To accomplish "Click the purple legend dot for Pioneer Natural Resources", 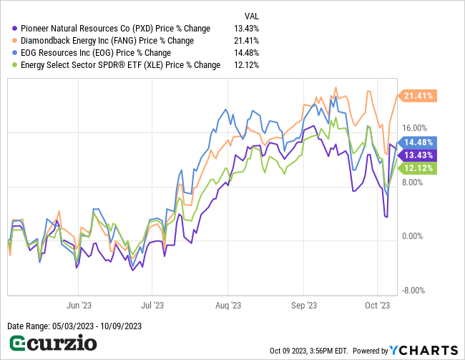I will (x=15, y=29).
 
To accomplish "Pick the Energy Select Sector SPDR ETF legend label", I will (x=120, y=65).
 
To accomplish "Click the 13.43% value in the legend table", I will (x=246, y=29).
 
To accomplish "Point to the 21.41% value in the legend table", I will (x=246, y=41).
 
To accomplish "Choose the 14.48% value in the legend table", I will (x=246, y=53).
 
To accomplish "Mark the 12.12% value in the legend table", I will (x=246, y=65).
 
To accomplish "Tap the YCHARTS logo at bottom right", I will (x=423, y=350).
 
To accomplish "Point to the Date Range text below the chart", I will (x=74, y=326).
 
